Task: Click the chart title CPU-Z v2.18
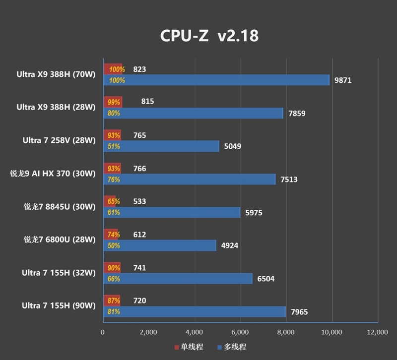pyautogui.click(x=209, y=36)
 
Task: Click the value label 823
pyautogui.click(x=140, y=69)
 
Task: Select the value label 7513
pyautogui.click(x=289, y=180)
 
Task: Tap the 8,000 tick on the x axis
pyautogui.click(x=286, y=332)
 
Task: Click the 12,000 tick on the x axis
pyautogui.click(x=377, y=332)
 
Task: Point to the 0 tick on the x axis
pyautogui.click(x=103, y=332)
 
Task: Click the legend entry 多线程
pyautogui.click(x=232, y=347)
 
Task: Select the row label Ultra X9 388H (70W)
pyautogui.click(x=56, y=74)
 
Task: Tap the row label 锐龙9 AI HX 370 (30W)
pyautogui.click(x=53, y=174)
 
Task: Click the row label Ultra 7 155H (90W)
pyautogui.click(x=59, y=306)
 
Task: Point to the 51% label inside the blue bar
pyautogui.click(x=114, y=146)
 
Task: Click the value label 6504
pyautogui.click(x=265, y=279)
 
